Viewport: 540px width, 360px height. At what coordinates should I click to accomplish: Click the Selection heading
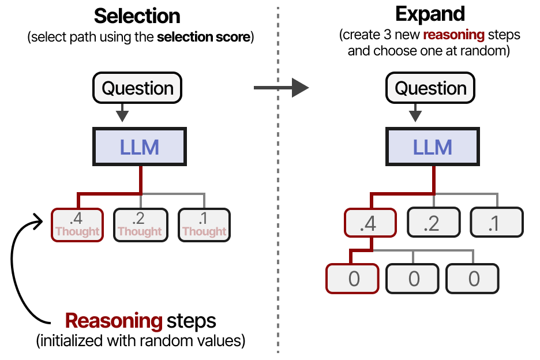[137, 16]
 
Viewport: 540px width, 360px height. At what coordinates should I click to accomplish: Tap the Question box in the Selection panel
[137, 89]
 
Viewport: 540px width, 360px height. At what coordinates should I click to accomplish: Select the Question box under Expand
[430, 89]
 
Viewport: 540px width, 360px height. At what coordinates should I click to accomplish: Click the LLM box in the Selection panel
[139, 147]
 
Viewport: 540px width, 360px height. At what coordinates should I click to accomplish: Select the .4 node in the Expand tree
[369, 223]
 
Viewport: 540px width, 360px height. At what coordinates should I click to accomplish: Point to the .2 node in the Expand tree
[433, 223]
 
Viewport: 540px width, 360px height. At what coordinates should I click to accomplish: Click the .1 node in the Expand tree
[496, 223]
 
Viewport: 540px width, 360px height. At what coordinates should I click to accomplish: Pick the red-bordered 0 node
[353, 279]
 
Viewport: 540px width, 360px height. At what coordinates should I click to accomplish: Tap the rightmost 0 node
[473, 279]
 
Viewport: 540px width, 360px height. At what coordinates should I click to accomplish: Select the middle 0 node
[413, 279]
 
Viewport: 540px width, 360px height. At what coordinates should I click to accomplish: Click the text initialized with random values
[141, 340]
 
